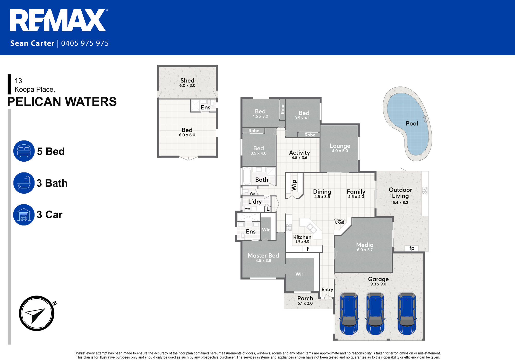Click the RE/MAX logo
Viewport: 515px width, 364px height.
59,20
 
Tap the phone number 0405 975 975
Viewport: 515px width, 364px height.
85,43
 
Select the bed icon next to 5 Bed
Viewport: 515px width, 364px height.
24,151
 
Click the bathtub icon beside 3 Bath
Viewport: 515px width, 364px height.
24,183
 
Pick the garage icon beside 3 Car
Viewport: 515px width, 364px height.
24,215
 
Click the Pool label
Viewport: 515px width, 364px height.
412,124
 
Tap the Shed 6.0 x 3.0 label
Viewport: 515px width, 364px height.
187,83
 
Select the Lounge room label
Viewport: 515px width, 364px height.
340,148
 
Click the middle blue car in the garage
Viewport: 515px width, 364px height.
375,313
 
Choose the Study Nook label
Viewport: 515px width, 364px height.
339,221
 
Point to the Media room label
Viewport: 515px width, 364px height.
365,247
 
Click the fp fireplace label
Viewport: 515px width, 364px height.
412,248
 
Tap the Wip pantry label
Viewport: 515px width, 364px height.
294,185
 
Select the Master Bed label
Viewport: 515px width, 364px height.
263,257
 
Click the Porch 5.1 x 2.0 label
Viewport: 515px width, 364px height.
305,300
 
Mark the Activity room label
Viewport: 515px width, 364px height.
299,155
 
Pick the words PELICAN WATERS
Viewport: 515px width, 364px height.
62,102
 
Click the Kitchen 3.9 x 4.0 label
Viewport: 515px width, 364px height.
302,239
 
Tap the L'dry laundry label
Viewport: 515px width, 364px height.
255,202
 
